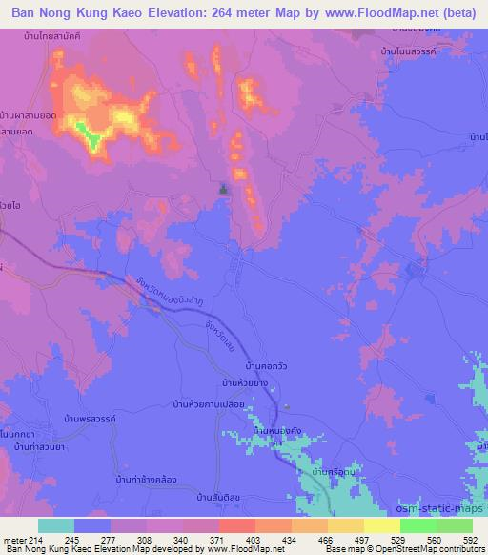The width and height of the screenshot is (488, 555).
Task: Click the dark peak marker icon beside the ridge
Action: click(x=224, y=190)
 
